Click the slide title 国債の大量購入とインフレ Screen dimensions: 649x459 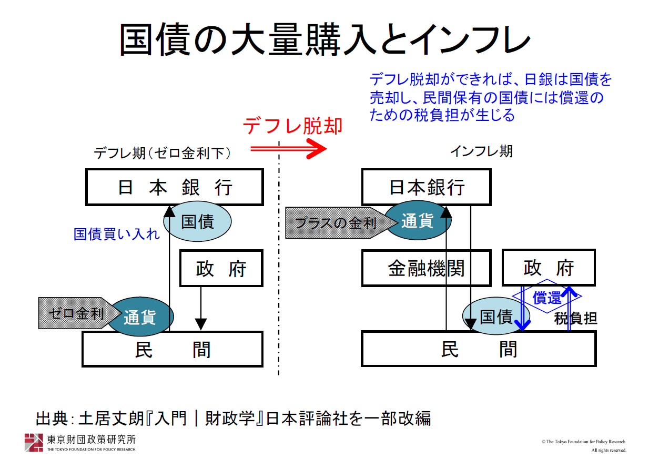tap(325, 39)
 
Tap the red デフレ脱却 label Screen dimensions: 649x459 tap(292, 126)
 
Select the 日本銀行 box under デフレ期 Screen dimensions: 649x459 tap(175, 187)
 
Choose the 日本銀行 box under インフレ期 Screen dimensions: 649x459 tap(427, 187)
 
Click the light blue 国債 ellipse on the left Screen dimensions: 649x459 tap(197, 221)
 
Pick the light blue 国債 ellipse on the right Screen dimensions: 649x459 tap(496, 316)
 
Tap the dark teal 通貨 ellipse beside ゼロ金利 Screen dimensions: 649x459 tap(140, 317)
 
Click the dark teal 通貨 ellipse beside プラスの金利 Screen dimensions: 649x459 tap(418, 220)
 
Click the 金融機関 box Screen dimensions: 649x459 tap(427, 268)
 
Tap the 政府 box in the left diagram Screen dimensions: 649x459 tap(221, 268)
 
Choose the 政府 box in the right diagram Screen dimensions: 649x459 tap(549, 268)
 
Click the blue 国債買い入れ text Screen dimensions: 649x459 tap(116, 234)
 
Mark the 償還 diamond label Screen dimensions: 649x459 tap(547, 297)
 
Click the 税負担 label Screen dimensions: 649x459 tap(575, 319)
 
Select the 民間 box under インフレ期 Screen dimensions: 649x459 tap(479, 349)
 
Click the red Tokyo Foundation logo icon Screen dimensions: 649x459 tap(34, 443)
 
